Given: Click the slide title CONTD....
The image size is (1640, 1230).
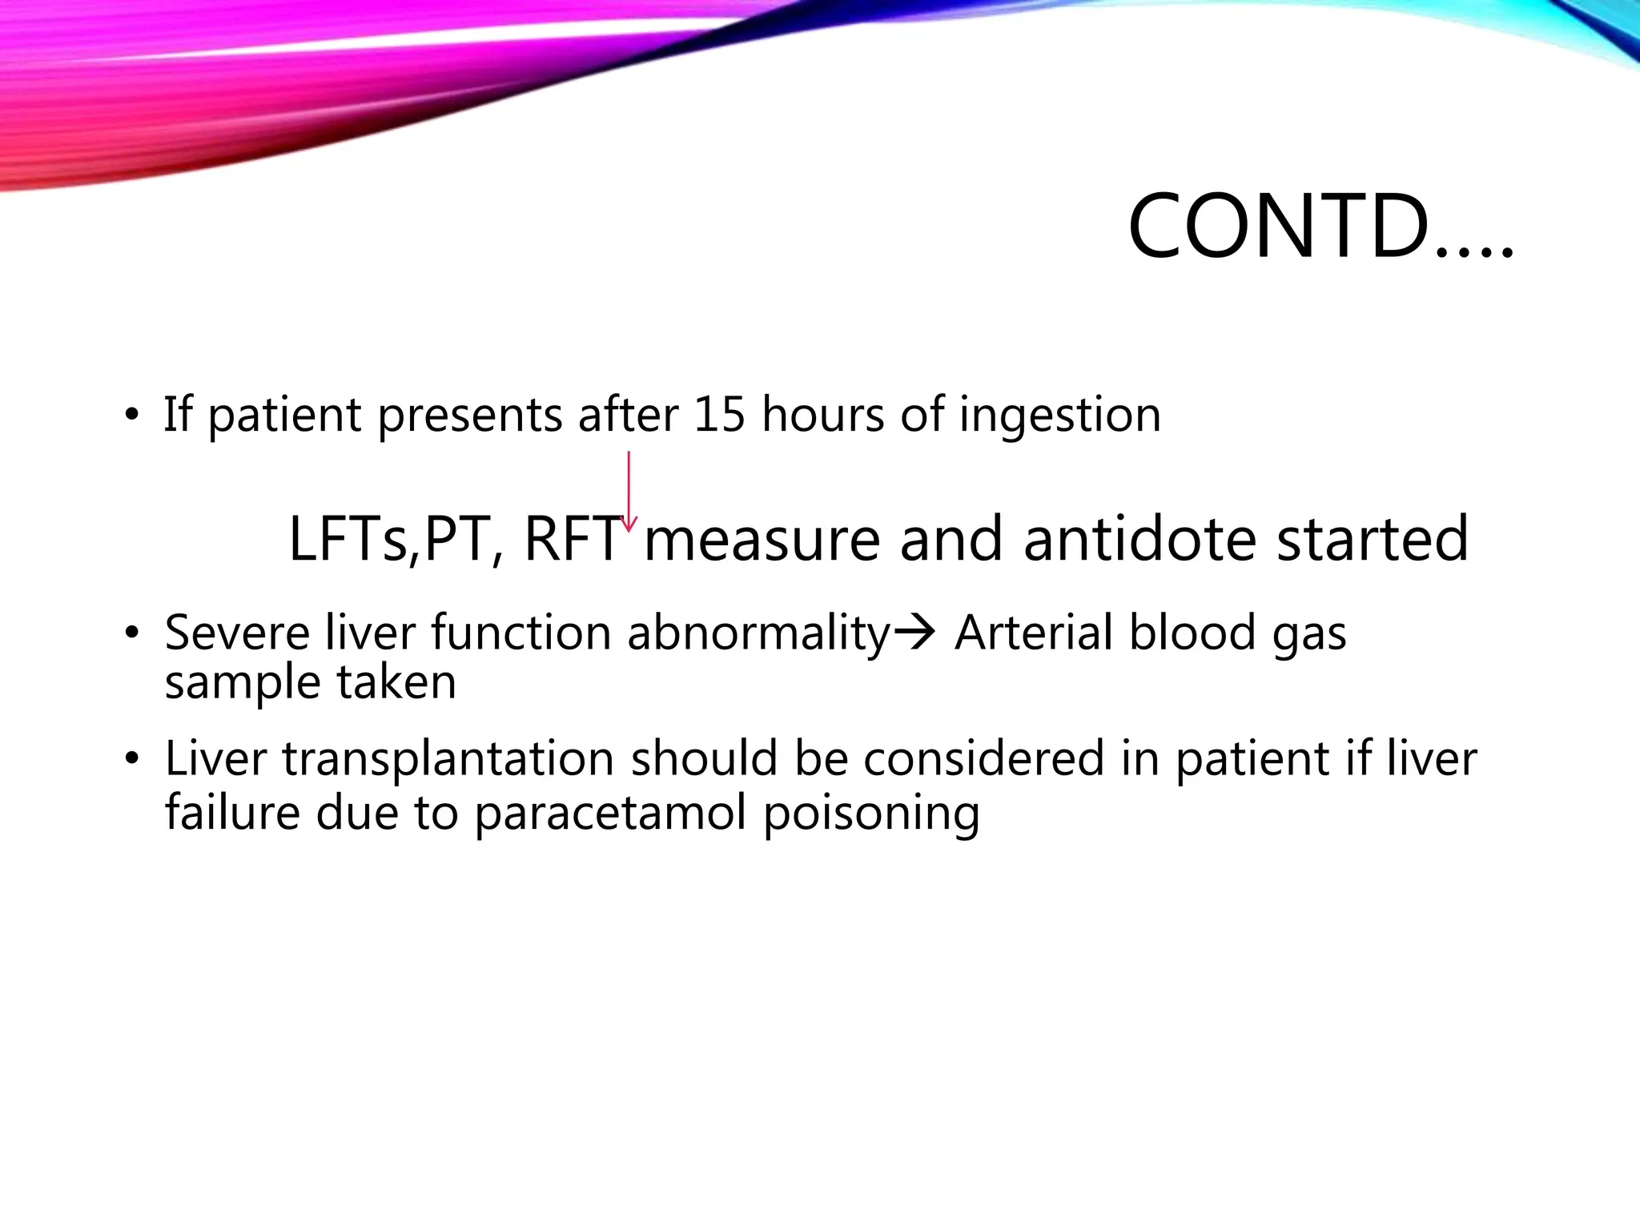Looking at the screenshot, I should (x=1320, y=227).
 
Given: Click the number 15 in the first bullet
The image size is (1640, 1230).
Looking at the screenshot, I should (x=719, y=415).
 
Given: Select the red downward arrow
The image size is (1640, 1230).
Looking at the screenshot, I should (x=629, y=491).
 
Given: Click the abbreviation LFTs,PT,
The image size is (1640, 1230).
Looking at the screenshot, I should (x=396, y=540).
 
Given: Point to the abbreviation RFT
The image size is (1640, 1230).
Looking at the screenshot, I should (x=573, y=540).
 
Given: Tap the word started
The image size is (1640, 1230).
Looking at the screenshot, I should (x=1373, y=540).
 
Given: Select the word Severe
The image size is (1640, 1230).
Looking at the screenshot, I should (x=237, y=633).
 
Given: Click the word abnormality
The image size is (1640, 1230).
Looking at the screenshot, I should (x=758, y=634).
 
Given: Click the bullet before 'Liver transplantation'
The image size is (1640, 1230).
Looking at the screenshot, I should (x=131, y=759).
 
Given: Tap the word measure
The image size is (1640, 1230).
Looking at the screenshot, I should (x=762, y=540).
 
